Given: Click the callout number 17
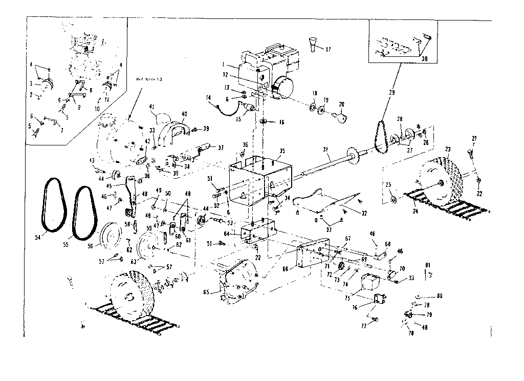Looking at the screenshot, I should click(x=328, y=50).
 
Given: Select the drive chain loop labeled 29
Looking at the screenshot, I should click(x=381, y=136).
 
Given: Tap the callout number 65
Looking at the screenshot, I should click(x=206, y=292).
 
